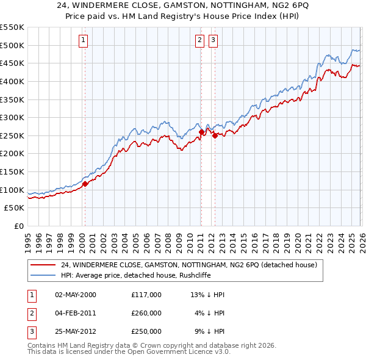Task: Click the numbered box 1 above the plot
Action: pyautogui.click(x=83, y=41)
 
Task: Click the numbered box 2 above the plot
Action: pyautogui.click(x=199, y=41)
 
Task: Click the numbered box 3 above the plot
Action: pyautogui.click(x=213, y=41)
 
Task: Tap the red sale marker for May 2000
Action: pyautogui.click(x=85, y=183)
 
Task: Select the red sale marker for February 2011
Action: pyautogui.click(x=201, y=132)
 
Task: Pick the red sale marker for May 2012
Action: pyautogui.click(x=215, y=135)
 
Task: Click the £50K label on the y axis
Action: pyautogui.click(x=15, y=208)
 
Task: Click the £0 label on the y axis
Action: pyautogui.click(x=19, y=226)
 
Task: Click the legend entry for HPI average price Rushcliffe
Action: pyautogui.click(x=143, y=276)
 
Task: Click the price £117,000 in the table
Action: pyautogui.click(x=146, y=295)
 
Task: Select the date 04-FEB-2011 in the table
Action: pyautogui.click(x=75, y=313)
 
